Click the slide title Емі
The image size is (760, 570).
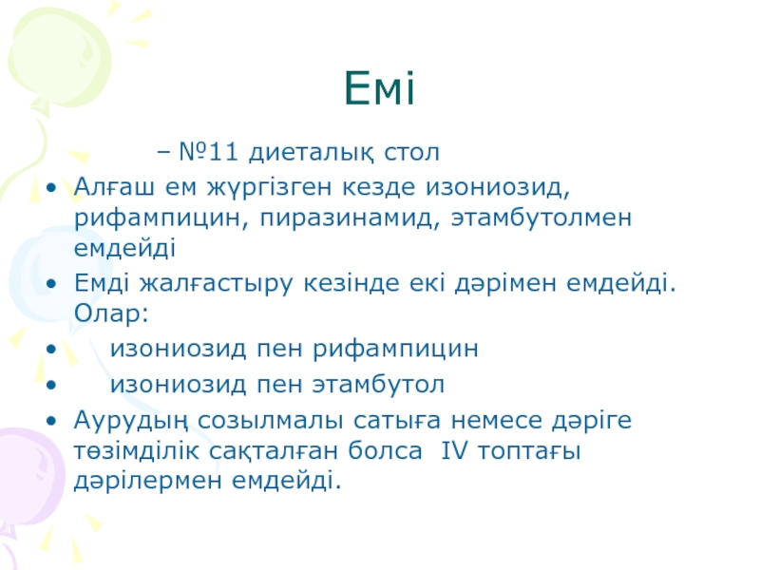379,87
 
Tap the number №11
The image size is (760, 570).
209,152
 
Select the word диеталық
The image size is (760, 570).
312,152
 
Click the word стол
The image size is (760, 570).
412,152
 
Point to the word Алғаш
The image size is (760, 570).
114,186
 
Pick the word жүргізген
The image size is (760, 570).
270,188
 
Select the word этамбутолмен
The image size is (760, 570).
541,218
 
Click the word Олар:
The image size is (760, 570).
111,313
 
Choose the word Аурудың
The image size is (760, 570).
131,420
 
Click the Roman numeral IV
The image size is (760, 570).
455,450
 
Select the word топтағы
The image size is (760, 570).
529,451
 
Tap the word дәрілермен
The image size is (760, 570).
148,481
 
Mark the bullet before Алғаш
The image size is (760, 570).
51,187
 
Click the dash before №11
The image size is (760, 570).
163,153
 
